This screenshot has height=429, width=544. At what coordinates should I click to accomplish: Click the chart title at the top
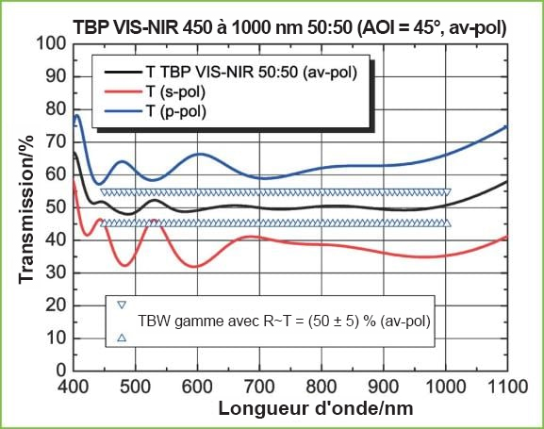pyautogui.click(x=289, y=27)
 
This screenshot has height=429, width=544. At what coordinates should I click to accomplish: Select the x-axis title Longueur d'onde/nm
pyautogui.click(x=316, y=408)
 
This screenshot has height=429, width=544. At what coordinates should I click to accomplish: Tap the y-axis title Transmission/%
pyautogui.click(x=26, y=209)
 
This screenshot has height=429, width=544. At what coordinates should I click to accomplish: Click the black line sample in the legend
pyautogui.click(x=124, y=73)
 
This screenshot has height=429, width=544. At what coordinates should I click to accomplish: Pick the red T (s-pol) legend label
pyautogui.click(x=175, y=91)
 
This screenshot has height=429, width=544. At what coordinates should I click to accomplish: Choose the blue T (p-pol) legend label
pyautogui.click(x=176, y=111)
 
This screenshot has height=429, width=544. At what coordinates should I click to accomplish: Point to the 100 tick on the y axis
pyautogui.click(x=51, y=44)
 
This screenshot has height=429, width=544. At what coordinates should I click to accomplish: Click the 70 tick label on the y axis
pyautogui.click(x=56, y=142)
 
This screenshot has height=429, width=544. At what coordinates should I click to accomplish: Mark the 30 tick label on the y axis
pyautogui.click(x=56, y=273)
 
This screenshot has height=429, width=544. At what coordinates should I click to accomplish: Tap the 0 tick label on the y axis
pyautogui.click(x=61, y=371)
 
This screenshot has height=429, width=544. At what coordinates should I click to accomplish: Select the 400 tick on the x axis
pyautogui.click(x=74, y=387)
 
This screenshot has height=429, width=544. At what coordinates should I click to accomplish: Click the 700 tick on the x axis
pyautogui.click(x=259, y=387)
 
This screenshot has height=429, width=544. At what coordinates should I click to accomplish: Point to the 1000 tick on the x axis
pyautogui.click(x=446, y=387)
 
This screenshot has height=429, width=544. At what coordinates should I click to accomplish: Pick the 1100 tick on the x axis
pyautogui.click(x=507, y=387)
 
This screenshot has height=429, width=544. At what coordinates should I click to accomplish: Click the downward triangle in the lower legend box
pyautogui.click(x=122, y=305)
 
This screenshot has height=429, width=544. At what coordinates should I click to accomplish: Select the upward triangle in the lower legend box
pyautogui.click(x=122, y=338)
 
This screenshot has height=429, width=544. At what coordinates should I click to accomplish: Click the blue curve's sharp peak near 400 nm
pyautogui.click(x=77, y=115)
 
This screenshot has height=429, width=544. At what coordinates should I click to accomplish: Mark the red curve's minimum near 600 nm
pyautogui.click(x=194, y=267)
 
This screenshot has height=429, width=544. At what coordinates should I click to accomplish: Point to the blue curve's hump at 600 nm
pyautogui.click(x=201, y=154)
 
